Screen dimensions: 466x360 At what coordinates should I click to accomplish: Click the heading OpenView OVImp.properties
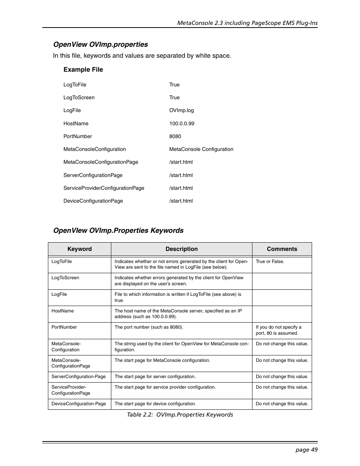coord(100,45)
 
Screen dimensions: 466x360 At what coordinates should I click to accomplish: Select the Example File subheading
coord(83,69)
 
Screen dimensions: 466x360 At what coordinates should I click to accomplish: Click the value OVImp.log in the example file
coord(182,111)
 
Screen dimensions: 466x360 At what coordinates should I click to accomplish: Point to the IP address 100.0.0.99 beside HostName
coord(182,123)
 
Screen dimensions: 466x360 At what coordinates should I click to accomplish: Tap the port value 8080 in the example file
coord(175,136)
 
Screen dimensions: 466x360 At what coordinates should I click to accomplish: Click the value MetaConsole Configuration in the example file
coord(201,149)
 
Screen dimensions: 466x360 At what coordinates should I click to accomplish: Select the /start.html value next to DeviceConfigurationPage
coord(181,201)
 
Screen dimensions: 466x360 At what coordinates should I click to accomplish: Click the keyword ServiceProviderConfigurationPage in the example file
coord(104,188)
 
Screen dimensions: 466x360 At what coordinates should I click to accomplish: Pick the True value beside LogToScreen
coord(174,97)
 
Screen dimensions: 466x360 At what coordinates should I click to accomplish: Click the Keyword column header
coord(79,249)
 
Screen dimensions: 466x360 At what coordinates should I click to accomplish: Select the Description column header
coord(182,249)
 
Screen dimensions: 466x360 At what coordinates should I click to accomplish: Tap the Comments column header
coord(282,249)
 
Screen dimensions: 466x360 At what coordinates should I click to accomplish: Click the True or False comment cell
coord(270,261)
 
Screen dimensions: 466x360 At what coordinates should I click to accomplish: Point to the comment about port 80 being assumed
coord(278,330)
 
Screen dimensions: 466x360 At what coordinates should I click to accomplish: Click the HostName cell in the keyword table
coord(63,311)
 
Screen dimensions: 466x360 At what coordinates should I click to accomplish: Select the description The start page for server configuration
coord(155,377)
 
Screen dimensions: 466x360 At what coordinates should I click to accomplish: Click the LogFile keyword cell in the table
coord(59,294)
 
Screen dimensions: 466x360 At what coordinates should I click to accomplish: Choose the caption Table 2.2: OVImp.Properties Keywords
coord(180,415)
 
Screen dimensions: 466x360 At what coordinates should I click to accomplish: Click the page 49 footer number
coord(306,449)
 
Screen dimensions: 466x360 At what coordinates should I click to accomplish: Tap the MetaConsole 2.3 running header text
coord(247,23)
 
